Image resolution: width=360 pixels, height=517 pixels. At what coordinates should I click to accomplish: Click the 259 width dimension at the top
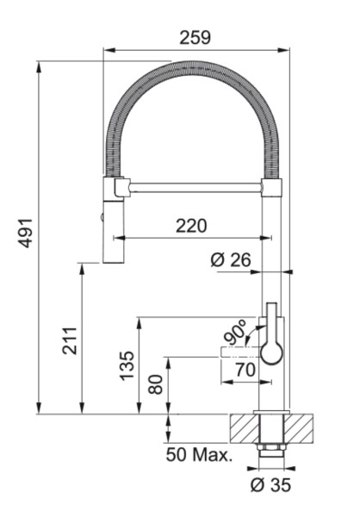pos(195,38)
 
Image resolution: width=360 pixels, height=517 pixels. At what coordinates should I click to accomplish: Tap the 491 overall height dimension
pos(25,233)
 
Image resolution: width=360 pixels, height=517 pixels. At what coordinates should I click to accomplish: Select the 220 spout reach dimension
pos(191,226)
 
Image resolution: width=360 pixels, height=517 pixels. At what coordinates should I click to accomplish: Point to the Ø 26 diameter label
pos(231,260)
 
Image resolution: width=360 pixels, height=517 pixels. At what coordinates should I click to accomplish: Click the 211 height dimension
pos(70,341)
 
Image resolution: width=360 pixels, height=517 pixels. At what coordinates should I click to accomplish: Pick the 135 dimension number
pos(127,366)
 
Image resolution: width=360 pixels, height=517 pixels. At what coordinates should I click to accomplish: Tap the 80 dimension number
pos(156,384)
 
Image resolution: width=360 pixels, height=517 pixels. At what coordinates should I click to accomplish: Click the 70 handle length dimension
pos(245,370)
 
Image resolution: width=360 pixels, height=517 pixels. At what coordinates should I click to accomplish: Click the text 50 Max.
pos(199,455)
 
